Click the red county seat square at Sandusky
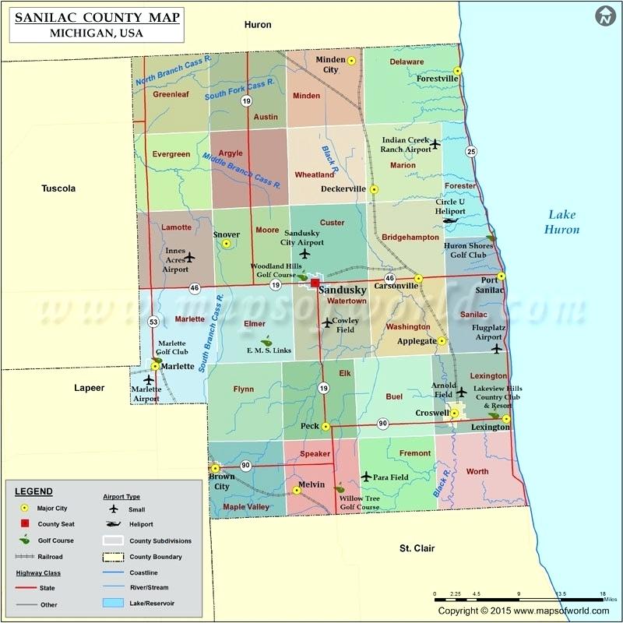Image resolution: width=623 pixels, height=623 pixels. point(315,283)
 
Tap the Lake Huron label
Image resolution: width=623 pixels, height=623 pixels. point(563,222)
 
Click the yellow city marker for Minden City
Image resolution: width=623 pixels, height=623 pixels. point(351,60)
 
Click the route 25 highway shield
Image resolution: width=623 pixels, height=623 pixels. point(470,150)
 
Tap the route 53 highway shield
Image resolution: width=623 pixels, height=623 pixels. point(154,322)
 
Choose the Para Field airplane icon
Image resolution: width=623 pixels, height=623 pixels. point(366,476)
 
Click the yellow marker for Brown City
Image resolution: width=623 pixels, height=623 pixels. point(216,468)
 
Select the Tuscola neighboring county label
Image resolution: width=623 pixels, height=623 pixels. point(59,188)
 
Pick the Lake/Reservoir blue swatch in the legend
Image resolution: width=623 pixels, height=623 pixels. point(114,603)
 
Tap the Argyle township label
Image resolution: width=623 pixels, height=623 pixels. point(230,153)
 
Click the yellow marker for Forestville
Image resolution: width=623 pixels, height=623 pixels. point(458,71)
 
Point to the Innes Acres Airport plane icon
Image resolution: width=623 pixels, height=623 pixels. point(188,256)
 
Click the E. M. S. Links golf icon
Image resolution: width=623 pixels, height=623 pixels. point(266,340)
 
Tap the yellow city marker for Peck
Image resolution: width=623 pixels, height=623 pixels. point(326,427)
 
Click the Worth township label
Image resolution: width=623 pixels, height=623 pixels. point(477,471)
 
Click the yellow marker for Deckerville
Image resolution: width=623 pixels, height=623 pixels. point(374,189)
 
